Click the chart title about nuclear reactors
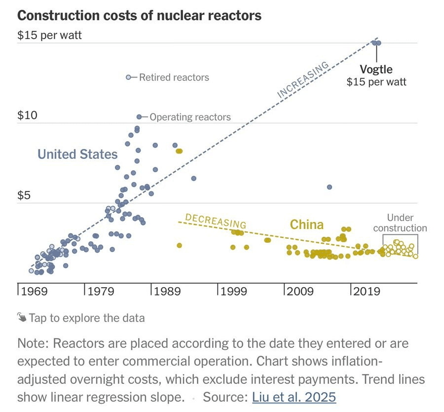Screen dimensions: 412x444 tap(139, 15)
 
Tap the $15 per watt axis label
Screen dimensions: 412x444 tap(49, 36)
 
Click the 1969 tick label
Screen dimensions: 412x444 tap(34, 292)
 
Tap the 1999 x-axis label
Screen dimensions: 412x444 tap(234, 292)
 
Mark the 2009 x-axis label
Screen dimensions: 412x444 tap(300, 292)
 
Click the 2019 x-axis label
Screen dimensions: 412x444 tap(367, 292)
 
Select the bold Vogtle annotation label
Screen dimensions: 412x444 tap(376, 69)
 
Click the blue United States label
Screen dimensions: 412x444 tap(77, 154)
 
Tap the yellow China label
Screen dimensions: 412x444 tap(306, 225)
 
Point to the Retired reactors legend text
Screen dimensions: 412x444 tap(174, 77)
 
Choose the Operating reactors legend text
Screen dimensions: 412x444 tap(190, 117)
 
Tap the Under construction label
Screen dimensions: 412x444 tap(400, 223)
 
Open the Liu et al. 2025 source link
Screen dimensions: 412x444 tap(294, 397)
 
